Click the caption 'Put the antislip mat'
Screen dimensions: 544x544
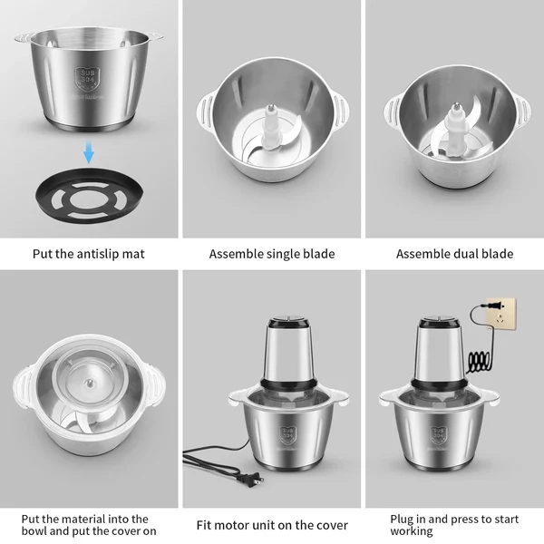tap(88, 254)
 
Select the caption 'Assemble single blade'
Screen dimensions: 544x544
tap(272, 254)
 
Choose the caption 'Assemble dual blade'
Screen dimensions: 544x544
tap(454, 254)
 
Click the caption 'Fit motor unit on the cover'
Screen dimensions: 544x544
tap(272, 524)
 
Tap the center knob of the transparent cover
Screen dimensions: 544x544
tap(88, 383)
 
